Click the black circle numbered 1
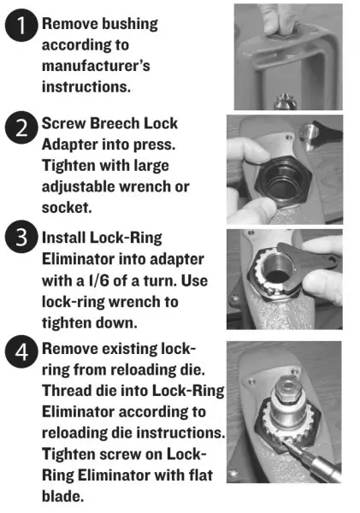click(x=21, y=25)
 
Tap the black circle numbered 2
click(x=21, y=127)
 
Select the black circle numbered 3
click(x=21, y=236)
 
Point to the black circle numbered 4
click(x=21, y=352)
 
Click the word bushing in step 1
click(x=130, y=25)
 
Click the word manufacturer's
click(x=96, y=66)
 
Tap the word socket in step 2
click(x=67, y=208)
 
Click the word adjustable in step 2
click(x=78, y=186)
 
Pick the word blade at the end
click(x=62, y=496)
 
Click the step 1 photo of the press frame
click(x=288, y=56)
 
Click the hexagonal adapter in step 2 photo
click(x=282, y=181)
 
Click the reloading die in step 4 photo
click(x=287, y=405)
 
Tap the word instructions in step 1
click(x=86, y=86)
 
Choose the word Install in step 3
click(x=63, y=238)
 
